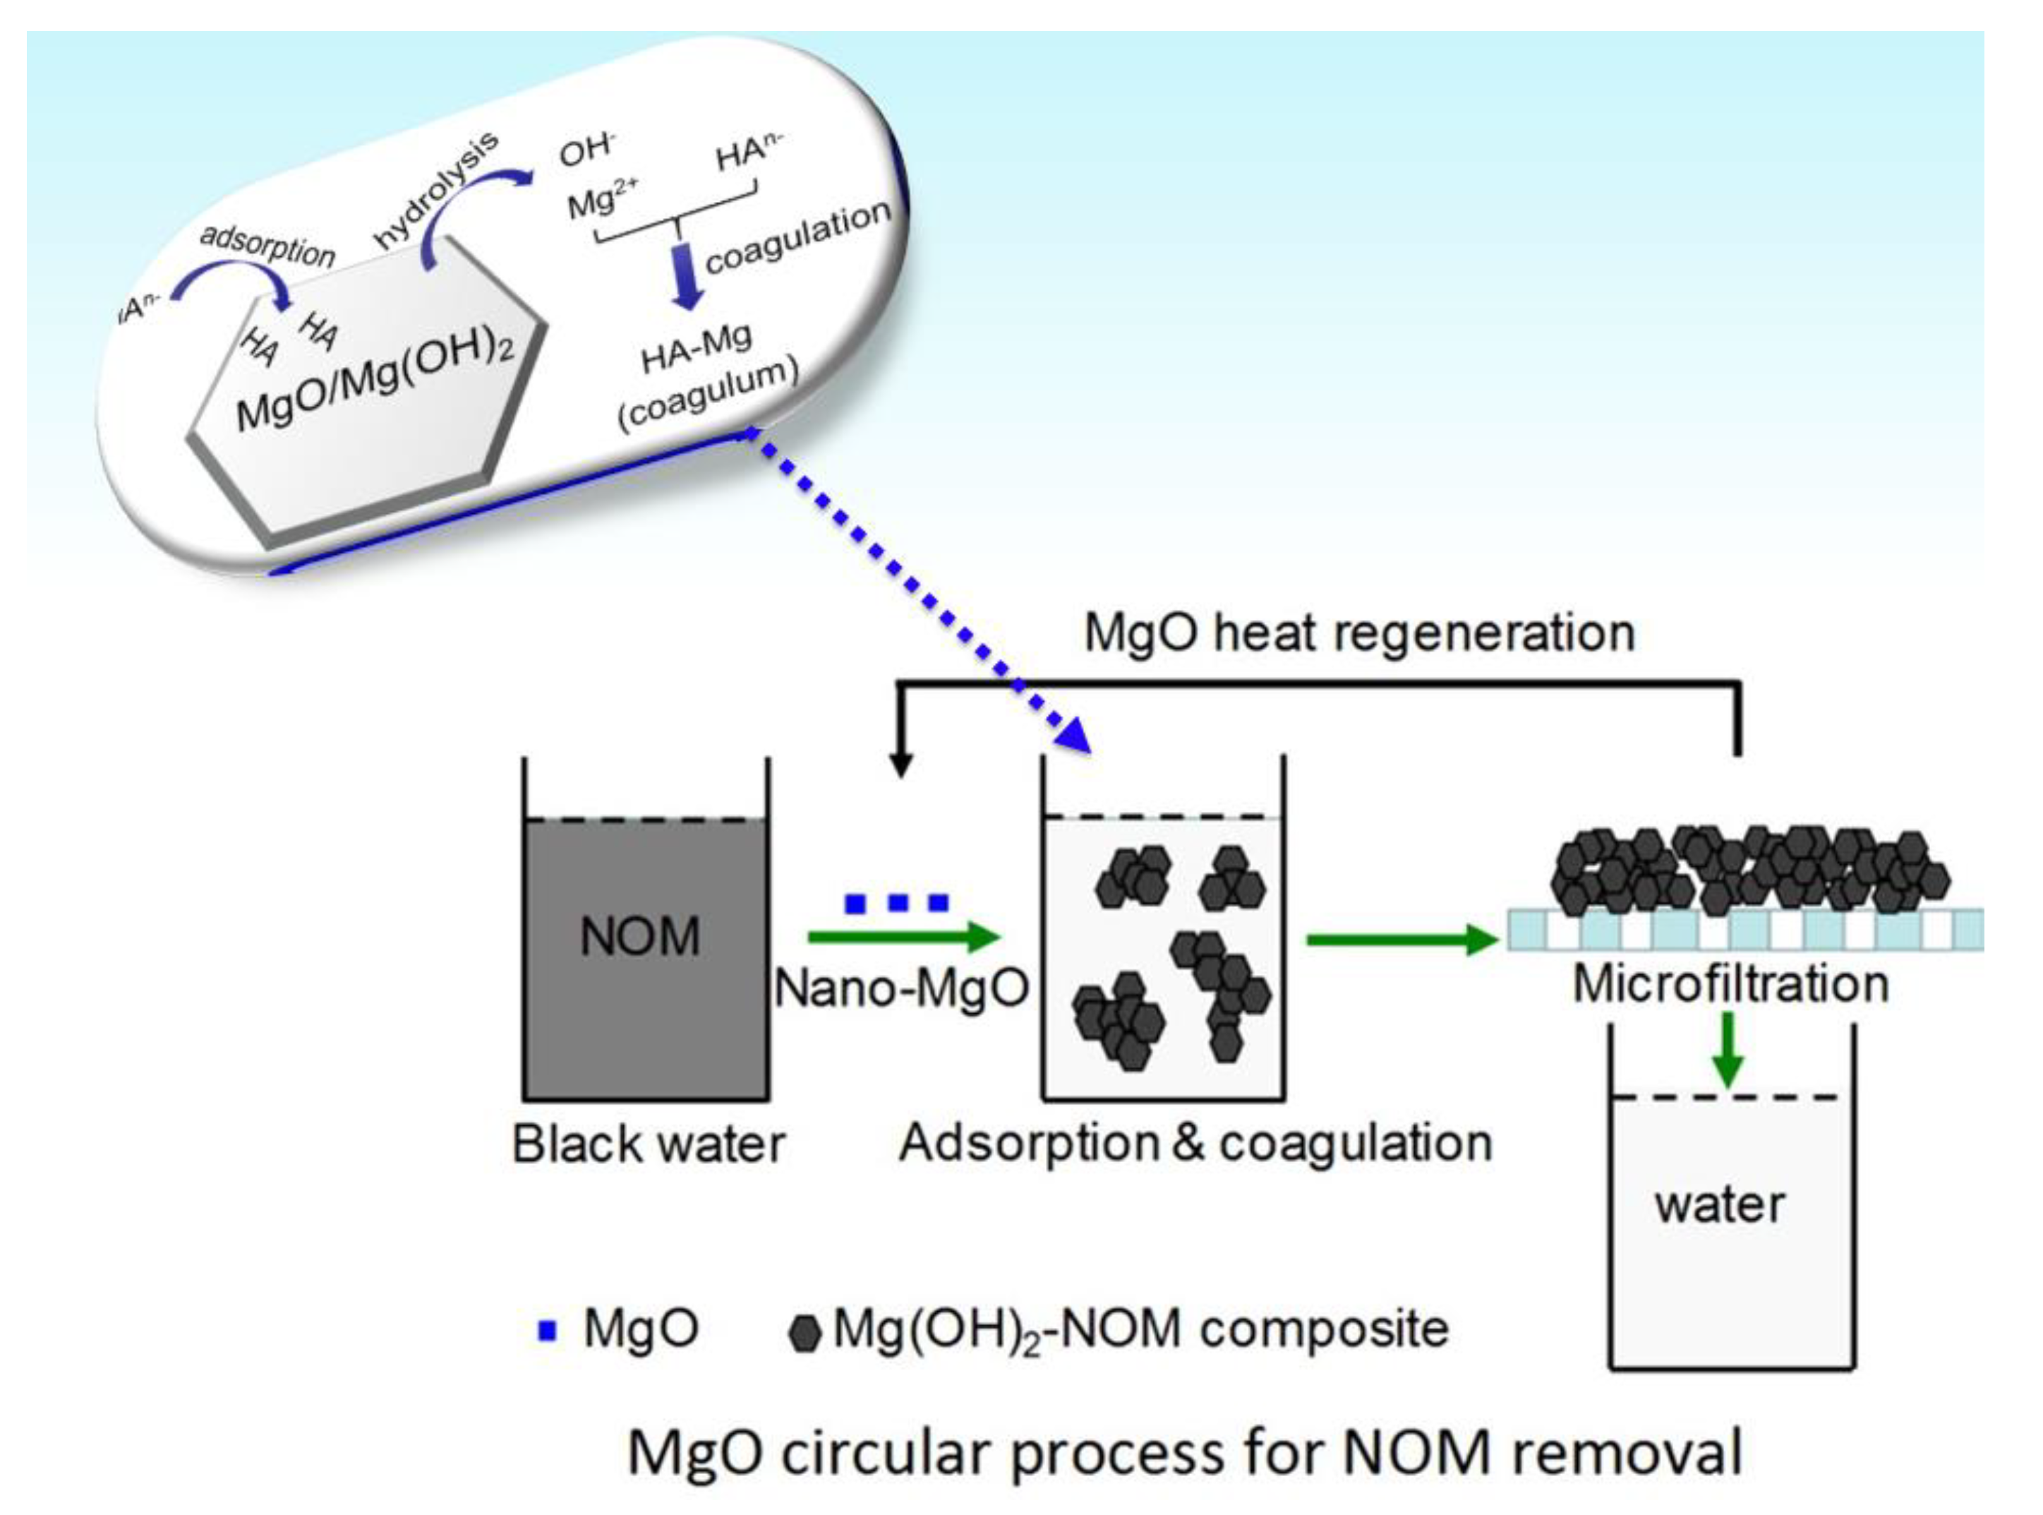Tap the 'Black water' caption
pyautogui.click(x=648, y=1144)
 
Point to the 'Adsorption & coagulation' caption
pyautogui.click(x=1195, y=1144)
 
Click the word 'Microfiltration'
pyautogui.click(x=1730, y=984)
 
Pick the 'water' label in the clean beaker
pyautogui.click(x=1720, y=1204)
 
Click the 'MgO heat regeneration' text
pyautogui.click(x=1359, y=633)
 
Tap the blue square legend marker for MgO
pyautogui.click(x=547, y=1331)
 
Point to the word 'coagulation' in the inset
pyautogui.click(x=797, y=236)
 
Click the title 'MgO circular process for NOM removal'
pyautogui.click(x=1184, y=1453)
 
